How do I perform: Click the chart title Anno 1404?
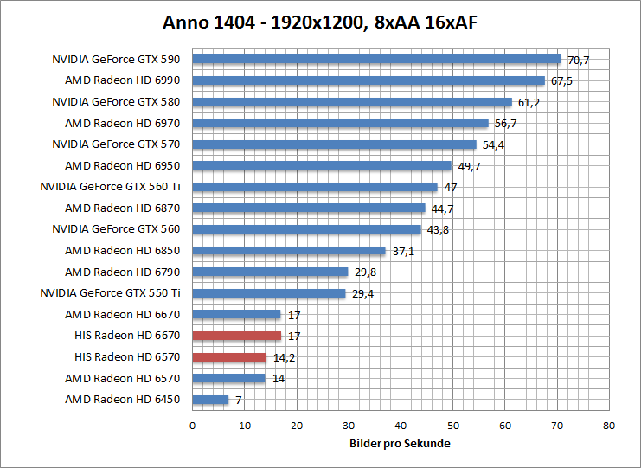coord(320,22)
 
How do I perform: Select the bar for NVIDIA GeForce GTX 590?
coord(376,60)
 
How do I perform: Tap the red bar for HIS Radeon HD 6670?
coord(236,336)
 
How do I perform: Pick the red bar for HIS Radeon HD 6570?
coord(229,357)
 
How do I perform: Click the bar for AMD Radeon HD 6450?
coord(210,400)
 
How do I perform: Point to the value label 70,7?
coord(578,60)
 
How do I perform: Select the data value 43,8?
coord(438,230)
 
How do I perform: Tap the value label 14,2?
coord(283,357)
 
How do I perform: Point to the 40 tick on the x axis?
coord(401,426)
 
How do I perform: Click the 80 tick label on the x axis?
coord(609,426)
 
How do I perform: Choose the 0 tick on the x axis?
coord(192,426)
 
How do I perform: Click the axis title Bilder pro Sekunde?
coord(400,444)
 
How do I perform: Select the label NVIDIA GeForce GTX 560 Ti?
coord(110,187)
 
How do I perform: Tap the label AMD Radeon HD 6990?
coord(122,80)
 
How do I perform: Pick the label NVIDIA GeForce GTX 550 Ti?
coord(110,293)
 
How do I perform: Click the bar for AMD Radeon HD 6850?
coord(288,251)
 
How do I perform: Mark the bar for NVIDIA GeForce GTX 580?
coord(352,102)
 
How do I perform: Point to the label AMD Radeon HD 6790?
coord(122,272)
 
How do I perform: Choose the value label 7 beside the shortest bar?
coord(238,400)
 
